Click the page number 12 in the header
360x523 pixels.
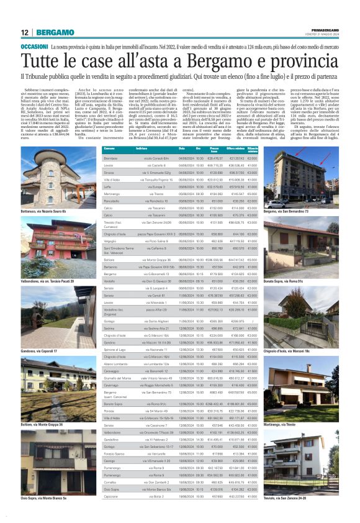pos(24,32)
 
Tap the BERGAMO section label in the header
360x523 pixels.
pos(55,32)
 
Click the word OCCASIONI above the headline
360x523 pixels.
pos(34,47)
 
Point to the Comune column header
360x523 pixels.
pos(110,150)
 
